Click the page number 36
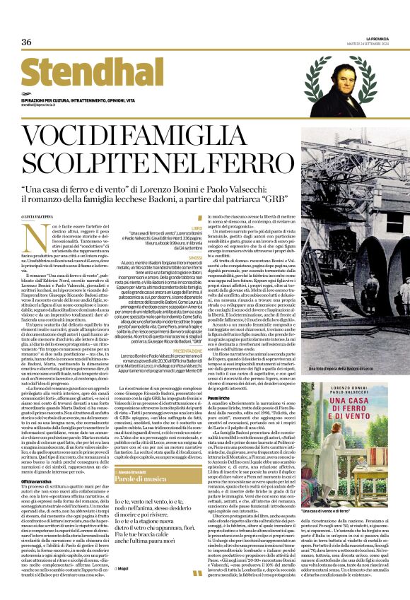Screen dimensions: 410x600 pos(26,42)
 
